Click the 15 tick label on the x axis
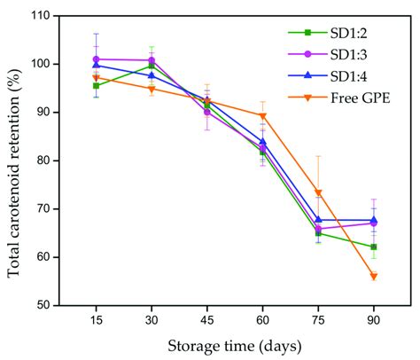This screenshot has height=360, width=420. (97, 320)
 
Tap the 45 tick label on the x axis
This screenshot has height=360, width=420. (207, 320)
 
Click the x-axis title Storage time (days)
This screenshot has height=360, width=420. (235, 345)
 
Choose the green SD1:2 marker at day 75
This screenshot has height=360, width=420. (318, 233)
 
